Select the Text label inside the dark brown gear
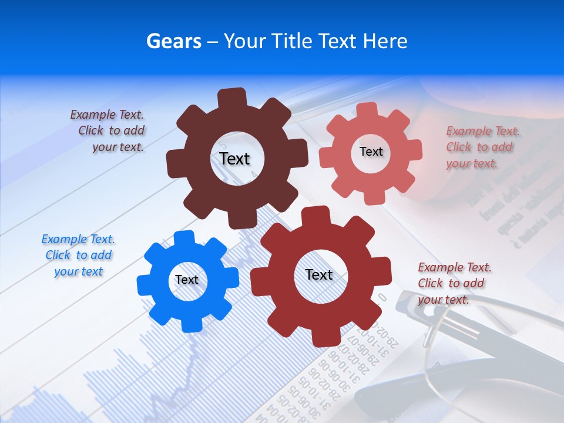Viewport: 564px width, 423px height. (234, 159)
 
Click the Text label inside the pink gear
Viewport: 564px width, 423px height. (371, 152)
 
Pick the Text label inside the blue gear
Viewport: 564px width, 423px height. (187, 280)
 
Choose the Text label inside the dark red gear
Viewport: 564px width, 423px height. (319, 274)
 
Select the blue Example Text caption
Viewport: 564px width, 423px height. (78, 256)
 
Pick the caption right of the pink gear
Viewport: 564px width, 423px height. (482, 147)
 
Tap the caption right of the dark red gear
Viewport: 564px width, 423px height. (454, 283)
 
